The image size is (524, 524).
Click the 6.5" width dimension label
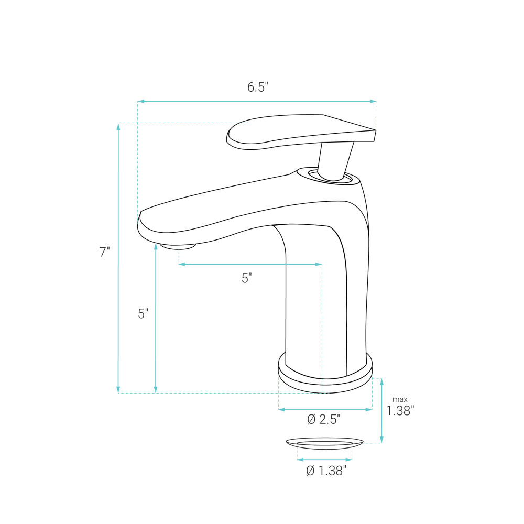point(258,87)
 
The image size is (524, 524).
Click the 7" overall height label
point(105,252)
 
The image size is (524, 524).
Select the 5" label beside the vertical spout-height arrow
point(143,313)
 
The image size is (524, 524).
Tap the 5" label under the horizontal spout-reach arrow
point(247,278)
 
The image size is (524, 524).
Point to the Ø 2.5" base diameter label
point(323,419)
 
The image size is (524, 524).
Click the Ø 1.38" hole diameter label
point(326,471)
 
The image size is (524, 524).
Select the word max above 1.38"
point(400,399)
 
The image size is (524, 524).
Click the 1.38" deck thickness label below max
point(400,411)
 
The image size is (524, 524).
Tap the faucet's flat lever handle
point(301,132)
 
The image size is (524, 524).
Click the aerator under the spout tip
point(178,246)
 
